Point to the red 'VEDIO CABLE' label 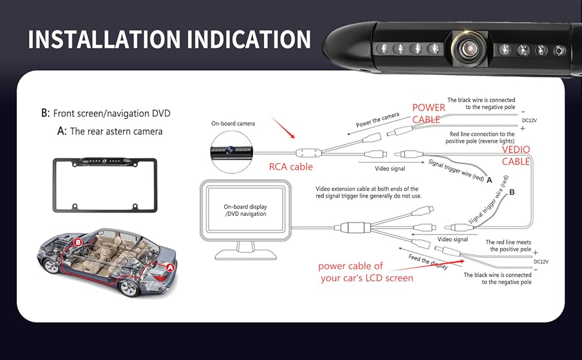[515, 155]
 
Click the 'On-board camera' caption [233, 124]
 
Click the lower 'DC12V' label [541, 262]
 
